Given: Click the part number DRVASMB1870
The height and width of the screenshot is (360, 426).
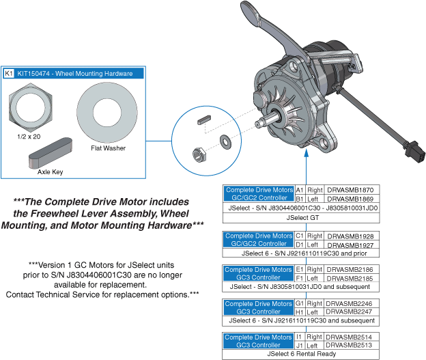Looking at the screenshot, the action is pos(350,190).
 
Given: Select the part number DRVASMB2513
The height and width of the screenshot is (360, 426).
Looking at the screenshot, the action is pos(349,345).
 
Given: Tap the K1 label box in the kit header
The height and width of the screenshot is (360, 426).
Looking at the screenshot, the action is pos(8,73).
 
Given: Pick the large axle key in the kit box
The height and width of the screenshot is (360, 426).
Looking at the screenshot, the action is pos(51,152).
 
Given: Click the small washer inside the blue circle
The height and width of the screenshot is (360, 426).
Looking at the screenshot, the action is pos(225,141).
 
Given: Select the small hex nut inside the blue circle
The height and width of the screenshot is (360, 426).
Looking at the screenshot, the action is pos(199,155).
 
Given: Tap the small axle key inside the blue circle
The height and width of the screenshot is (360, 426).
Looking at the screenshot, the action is pos(204,120).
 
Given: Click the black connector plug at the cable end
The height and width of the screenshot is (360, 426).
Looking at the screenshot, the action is pos(416,152).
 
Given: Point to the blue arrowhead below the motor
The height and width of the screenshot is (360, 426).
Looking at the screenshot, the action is pos(306,153).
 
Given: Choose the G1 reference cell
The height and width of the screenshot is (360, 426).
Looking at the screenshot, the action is pos(300,303).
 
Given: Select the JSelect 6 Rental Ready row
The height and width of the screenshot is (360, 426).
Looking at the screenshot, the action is pos(301,354).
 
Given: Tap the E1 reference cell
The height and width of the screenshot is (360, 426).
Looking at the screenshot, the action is pos(300,269).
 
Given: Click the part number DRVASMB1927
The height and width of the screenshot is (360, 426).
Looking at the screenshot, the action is pos(350,245).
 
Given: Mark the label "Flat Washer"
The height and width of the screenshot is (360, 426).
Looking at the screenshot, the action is pos(108,148).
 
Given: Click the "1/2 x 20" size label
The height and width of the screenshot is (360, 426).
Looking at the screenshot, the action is pos(29,137).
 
